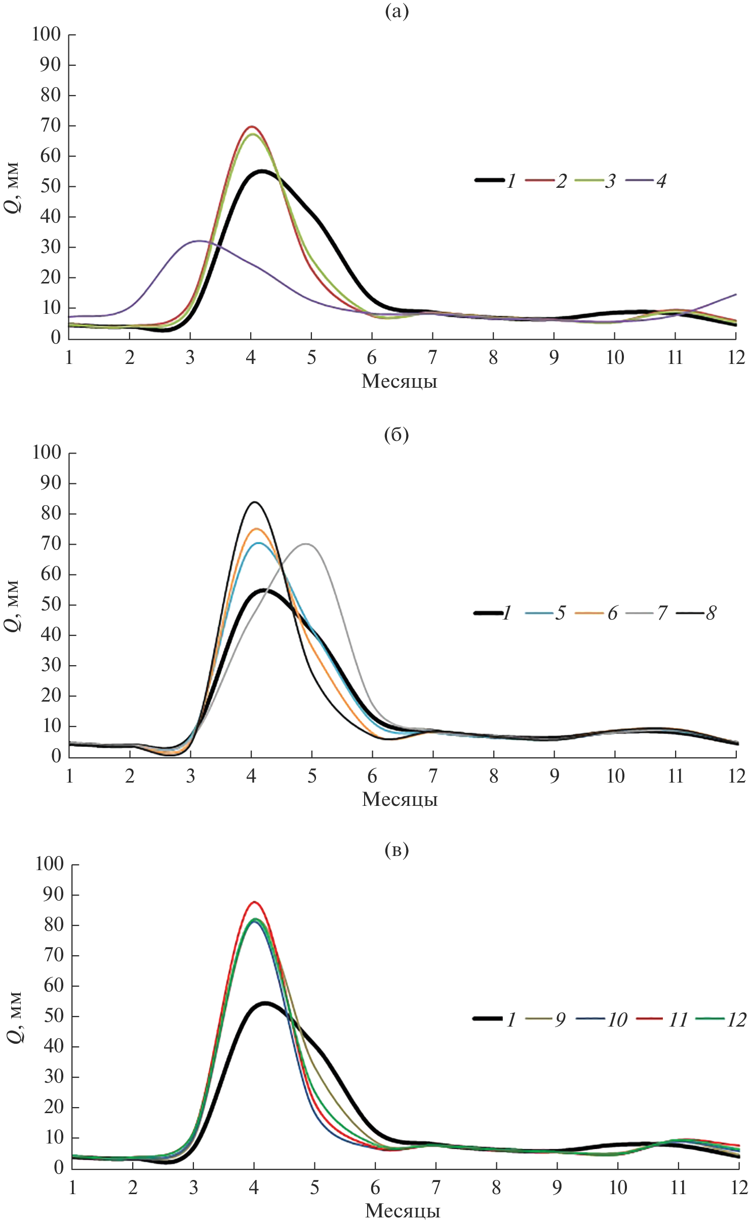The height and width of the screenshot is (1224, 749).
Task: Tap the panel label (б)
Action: pos(397,435)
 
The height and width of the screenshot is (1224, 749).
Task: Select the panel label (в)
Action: pos(397,850)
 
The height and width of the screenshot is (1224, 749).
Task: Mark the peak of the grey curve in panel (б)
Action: pos(305,544)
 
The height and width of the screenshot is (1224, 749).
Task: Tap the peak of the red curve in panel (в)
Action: pos(254,902)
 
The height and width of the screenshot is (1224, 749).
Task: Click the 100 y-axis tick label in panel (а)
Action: pos(47,35)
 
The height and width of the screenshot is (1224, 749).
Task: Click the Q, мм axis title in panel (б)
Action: pos(12,605)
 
